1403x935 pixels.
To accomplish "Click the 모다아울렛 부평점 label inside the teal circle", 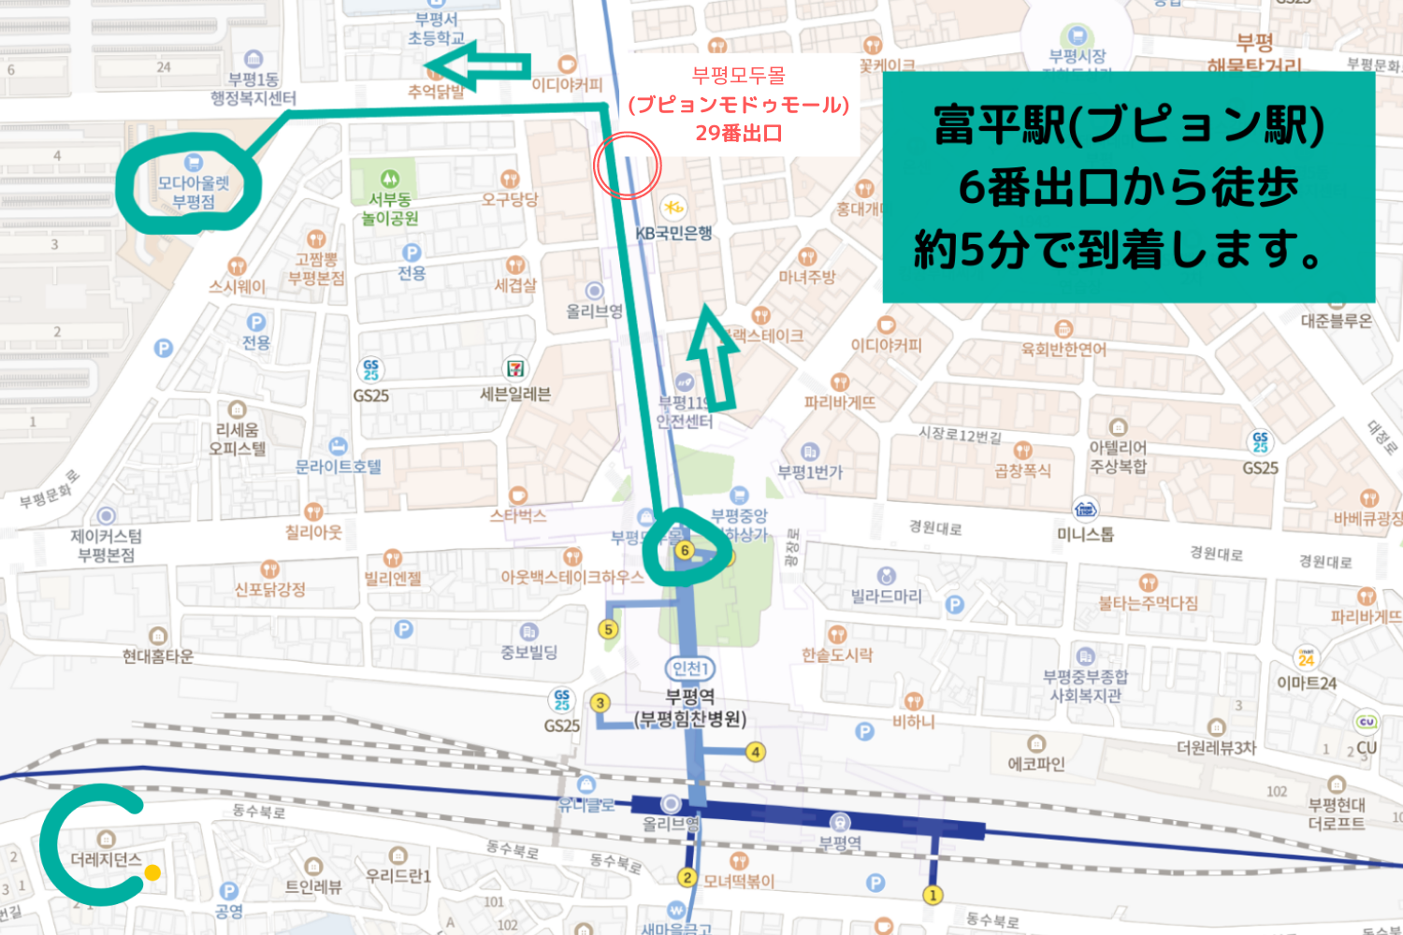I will click(194, 192).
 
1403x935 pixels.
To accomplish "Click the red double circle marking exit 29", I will click(628, 165).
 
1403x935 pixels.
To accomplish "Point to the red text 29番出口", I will click(738, 133).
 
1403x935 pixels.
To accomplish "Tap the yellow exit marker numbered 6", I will click(685, 551).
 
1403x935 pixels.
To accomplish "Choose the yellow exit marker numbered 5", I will click(609, 629).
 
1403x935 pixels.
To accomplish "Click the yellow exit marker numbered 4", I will click(755, 751).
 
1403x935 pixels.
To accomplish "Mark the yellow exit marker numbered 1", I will click(933, 895).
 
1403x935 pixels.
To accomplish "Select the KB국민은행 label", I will click(673, 232).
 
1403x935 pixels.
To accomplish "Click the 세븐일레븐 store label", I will click(515, 394).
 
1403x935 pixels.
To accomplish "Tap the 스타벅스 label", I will click(518, 514).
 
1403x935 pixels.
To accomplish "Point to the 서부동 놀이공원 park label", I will click(390, 209).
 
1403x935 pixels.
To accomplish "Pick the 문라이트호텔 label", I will click(339, 466).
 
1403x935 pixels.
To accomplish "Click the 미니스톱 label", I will click(1085, 534).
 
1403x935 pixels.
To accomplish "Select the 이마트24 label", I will click(1307, 683).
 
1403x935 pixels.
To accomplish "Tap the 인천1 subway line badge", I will click(690, 669).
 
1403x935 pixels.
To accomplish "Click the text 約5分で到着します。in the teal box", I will click(1121, 250).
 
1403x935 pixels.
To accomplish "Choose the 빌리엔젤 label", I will click(393, 578).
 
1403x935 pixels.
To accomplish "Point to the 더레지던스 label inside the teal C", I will click(106, 859).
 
